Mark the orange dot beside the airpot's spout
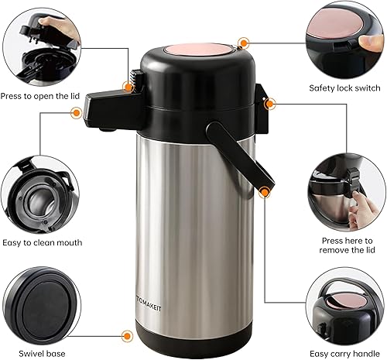77,112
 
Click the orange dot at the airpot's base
124,335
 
